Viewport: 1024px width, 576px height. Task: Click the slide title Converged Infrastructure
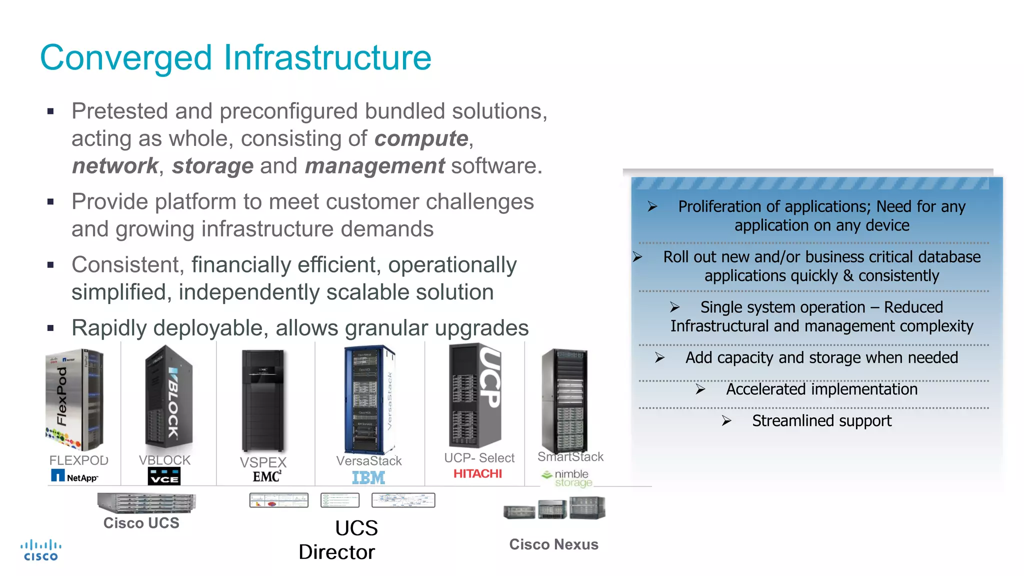(235, 57)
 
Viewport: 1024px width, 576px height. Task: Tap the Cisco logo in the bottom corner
(41, 550)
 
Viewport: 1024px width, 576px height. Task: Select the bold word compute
(421, 138)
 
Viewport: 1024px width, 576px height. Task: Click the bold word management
(374, 165)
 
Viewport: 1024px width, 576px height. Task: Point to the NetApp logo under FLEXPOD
(74, 476)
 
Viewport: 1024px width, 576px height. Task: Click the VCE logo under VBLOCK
(164, 476)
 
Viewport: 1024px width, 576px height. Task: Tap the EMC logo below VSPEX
(266, 476)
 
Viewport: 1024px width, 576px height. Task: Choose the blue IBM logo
(368, 477)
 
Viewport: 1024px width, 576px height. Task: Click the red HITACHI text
(477, 473)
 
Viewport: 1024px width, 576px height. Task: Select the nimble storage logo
(567, 478)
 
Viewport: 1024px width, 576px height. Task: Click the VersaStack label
(368, 460)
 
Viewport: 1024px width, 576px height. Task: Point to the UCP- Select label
(479, 457)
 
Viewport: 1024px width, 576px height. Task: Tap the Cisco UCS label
(141, 523)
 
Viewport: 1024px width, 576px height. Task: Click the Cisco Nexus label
(553, 544)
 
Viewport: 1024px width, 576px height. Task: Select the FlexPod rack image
(74, 399)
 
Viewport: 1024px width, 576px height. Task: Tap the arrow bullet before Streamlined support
(726, 421)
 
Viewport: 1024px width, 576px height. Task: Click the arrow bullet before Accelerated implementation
(700, 389)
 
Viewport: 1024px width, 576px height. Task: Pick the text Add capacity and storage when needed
(821, 357)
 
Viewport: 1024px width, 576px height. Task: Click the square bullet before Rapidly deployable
(50, 328)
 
